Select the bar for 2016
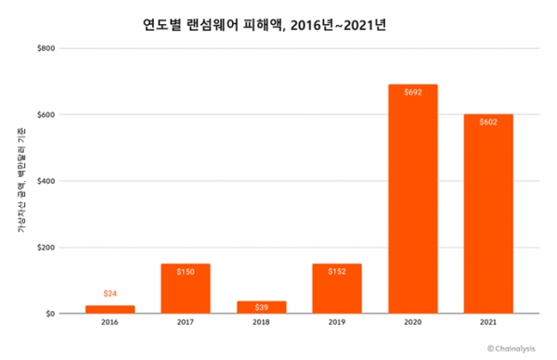(110, 309)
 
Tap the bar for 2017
(185, 289)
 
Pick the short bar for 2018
(261, 307)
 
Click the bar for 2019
(337, 289)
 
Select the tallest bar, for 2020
(413, 199)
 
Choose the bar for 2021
(488, 214)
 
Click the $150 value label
(185, 272)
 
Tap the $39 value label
(261, 307)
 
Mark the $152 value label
(337, 272)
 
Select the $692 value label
(413, 93)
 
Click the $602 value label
(488, 122)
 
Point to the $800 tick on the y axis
(45, 48)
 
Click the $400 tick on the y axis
(45, 181)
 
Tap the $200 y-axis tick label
(45, 248)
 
